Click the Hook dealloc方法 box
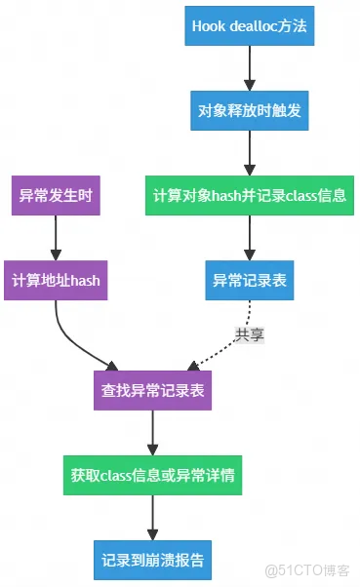(249, 26)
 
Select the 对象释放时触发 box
(249, 110)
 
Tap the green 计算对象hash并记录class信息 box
(249, 195)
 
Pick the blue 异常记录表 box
(249, 280)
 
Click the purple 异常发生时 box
(56, 195)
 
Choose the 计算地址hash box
(56, 280)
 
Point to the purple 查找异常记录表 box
(152, 390)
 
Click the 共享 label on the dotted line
(249, 333)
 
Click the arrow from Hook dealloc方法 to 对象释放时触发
(249, 68)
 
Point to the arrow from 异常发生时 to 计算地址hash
(56, 237)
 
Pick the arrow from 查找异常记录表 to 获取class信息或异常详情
(152, 432)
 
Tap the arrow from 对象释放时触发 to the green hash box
(249, 152)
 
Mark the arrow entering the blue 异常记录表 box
(249, 237)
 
